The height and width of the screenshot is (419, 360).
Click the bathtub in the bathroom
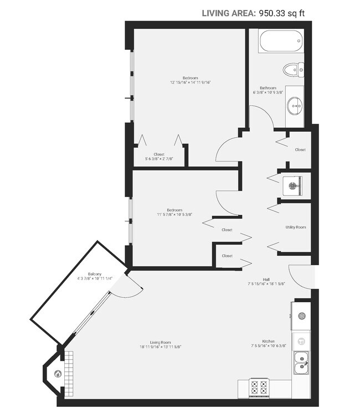(280, 42)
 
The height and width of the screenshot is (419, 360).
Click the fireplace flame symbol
(57, 374)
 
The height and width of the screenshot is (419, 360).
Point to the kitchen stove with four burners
(260, 387)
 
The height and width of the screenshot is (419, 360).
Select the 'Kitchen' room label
(269, 342)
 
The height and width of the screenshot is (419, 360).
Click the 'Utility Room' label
(296, 227)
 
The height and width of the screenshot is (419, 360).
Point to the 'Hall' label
(266, 280)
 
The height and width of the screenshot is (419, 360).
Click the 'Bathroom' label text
(268, 87)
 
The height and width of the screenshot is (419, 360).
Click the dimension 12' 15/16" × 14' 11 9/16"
(191, 82)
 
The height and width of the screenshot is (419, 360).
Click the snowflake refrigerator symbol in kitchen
(302, 316)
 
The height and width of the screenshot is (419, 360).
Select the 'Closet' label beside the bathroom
(300, 149)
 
